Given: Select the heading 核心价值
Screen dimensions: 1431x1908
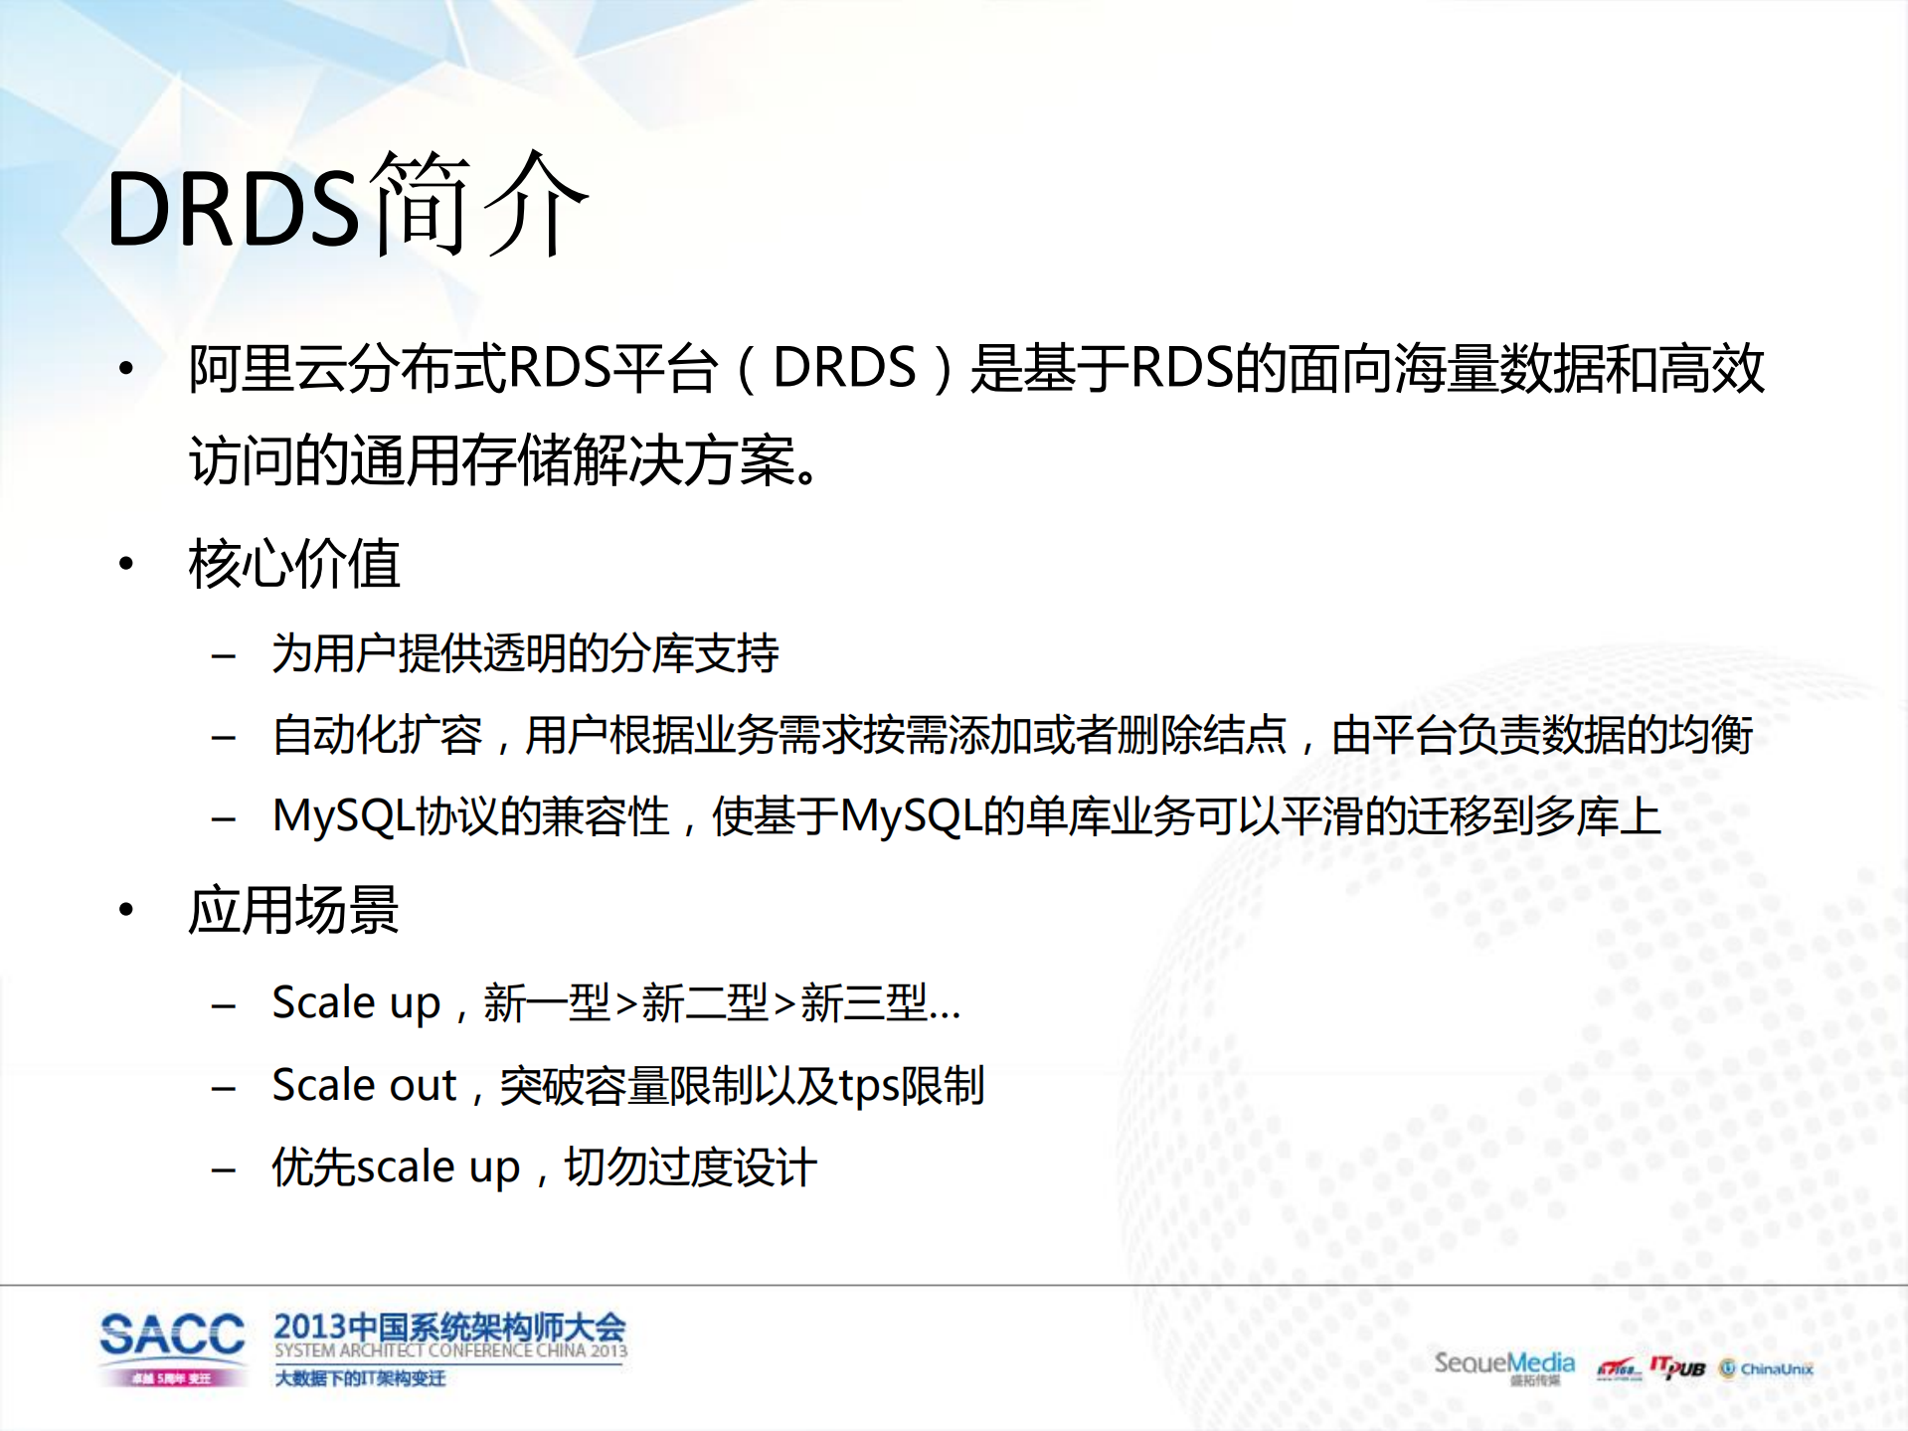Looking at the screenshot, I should click(x=294, y=564).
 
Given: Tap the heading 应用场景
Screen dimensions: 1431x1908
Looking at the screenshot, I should click(x=294, y=910).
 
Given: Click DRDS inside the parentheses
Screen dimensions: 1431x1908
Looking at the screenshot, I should click(x=844, y=368).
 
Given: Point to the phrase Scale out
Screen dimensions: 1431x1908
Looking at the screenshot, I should click(x=364, y=1085).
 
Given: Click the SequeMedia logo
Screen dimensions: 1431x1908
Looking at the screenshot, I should click(x=1503, y=1363).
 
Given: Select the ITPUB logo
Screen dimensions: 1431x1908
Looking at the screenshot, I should click(x=1677, y=1367).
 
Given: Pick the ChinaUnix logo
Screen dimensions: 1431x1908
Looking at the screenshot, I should click(x=1767, y=1369).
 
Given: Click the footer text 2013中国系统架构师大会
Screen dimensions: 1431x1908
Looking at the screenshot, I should click(x=449, y=1327).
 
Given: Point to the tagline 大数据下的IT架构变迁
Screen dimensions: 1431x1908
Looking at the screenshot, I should click(x=360, y=1378).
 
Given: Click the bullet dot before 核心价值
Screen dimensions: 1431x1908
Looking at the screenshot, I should click(x=126, y=565).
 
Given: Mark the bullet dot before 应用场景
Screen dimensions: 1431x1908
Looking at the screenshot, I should click(x=126, y=910).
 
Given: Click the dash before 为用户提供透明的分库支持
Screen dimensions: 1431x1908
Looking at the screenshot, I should click(x=224, y=655).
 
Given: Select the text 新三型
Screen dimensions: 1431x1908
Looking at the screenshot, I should click(x=863, y=1002).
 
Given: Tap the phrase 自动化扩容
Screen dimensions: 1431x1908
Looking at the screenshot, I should click(x=377, y=736).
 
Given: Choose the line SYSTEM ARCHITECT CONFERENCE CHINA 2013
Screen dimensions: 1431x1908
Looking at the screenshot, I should click(x=450, y=1350).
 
